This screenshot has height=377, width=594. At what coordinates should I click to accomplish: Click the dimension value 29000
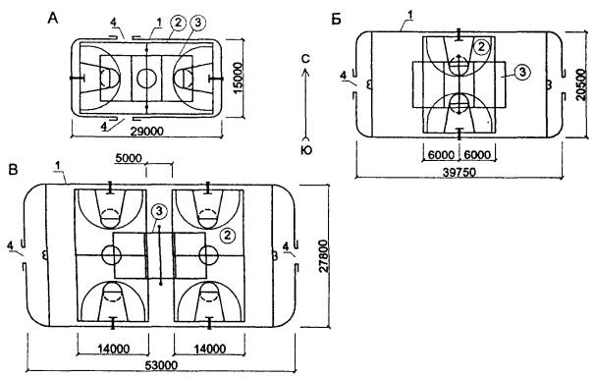coord(146,132)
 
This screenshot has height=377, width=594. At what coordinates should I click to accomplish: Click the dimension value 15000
coord(238,79)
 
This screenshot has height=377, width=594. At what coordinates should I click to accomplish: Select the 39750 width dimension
coord(459,173)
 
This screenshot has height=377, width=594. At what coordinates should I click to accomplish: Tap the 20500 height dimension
coord(581,84)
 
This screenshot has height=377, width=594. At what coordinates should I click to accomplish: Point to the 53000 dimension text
coord(161,365)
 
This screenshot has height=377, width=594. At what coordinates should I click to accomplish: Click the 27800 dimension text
coord(324,256)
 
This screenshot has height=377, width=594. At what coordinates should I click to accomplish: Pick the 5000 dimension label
coord(129,158)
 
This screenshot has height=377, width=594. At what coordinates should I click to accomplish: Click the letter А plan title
coord(53,18)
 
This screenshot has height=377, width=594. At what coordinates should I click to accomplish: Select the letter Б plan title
coord(337,19)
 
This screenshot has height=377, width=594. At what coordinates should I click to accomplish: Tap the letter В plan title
coord(14,170)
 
